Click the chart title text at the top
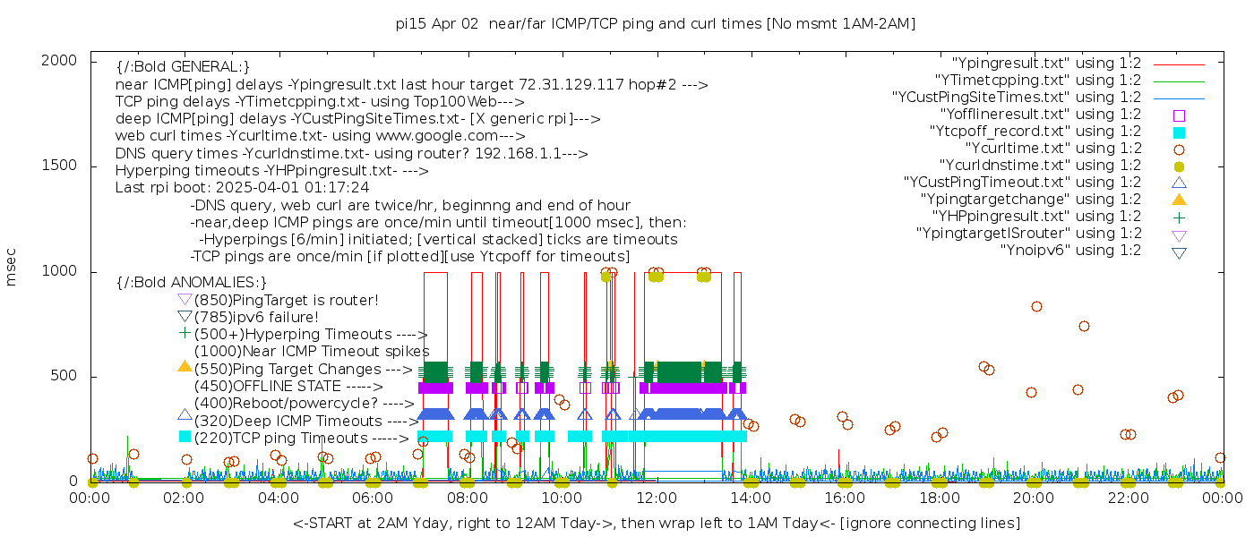656,23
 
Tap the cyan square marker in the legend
1179,132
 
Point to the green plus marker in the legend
1179,217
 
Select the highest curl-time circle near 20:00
1036,306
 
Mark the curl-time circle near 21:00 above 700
1084,326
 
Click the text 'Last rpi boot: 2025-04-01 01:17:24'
242,188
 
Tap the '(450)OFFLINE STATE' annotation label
269,387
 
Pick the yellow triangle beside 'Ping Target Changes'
185,366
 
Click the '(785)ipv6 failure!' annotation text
256,318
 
